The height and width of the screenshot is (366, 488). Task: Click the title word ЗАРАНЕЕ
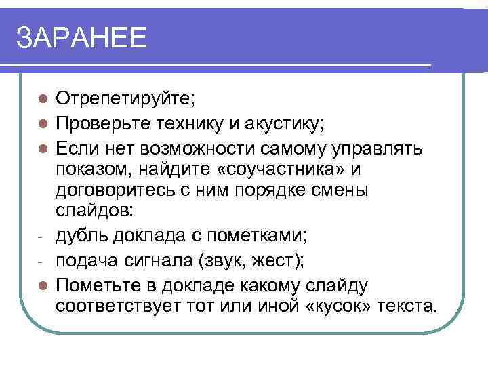point(81,39)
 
